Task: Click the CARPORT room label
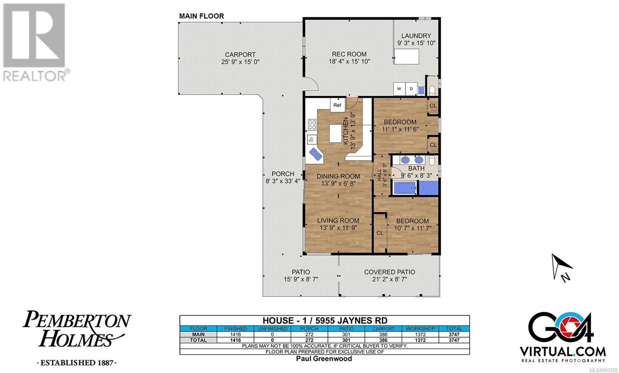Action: pyautogui.click(x=240, y=55)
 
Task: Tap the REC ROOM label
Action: pyautogui.click(x=349, y=54)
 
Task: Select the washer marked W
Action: pyautogui.click(x=399, y=89)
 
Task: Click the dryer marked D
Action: pyautogui.click(x=412, y=89)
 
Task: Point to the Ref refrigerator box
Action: pyautogui.click(x=337, y=105)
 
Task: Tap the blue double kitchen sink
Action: pyautogui.click(x=316, y=154)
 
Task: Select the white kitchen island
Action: pyautogui.click(x=335, y=133)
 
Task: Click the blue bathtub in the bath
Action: pyautogui.click(x=405, y=188)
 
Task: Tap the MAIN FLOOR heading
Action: pyautogui.click(x=202, y=16)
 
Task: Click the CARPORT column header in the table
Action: pyautogui.click(x=383, y=329)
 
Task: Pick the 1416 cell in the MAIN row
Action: pyautogui.click(x=236, y=334)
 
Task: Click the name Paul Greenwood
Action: pyautogui.click(x=324, y=359)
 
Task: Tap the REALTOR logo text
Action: pyautogui.click(x=34, y=76)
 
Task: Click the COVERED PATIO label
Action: pyautogui.click(x=389, y=272)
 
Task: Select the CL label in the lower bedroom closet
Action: pyautogui.click(x=380, y=233)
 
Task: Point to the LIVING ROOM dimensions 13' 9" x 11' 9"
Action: pyautogui.click(x=338, y=228)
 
